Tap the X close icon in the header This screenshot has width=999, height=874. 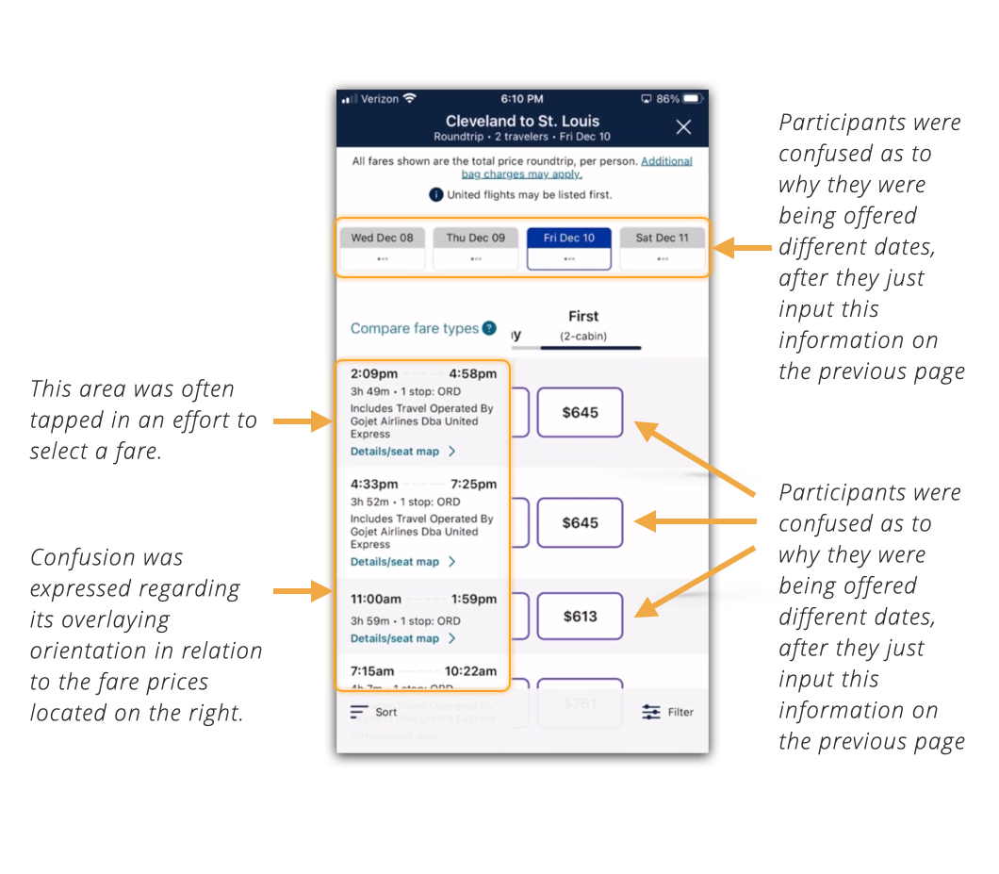click(x=683, y=127)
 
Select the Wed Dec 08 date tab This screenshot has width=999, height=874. click(x=382, y=249)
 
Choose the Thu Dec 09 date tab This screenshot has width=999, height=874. click(x=475, y=249)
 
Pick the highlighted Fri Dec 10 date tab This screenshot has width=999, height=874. click(x=569, y=249)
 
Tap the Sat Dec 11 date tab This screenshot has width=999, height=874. click(x=662, y=249)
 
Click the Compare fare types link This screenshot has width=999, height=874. click(x=415, y=329)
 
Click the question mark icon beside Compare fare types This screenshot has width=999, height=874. click(x=489, y=329)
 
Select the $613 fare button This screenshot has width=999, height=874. click(x=580, y=617)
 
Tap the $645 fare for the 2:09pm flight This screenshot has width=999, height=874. click(x=580, y=412)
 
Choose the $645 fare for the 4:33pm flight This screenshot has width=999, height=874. click(x=580, y=522)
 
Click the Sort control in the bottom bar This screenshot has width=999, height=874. click(x=374, y=712)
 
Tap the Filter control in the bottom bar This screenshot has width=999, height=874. click(x=668, y=712)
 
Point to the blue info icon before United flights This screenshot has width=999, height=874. click(x=436, y=195)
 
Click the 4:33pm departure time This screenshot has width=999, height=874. click(x=374, y=485)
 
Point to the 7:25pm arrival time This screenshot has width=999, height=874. click(x=473, y=485)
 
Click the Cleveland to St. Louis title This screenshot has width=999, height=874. click(x=522, y=121)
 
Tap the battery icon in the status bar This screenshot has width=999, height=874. click(x=693, y=99)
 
